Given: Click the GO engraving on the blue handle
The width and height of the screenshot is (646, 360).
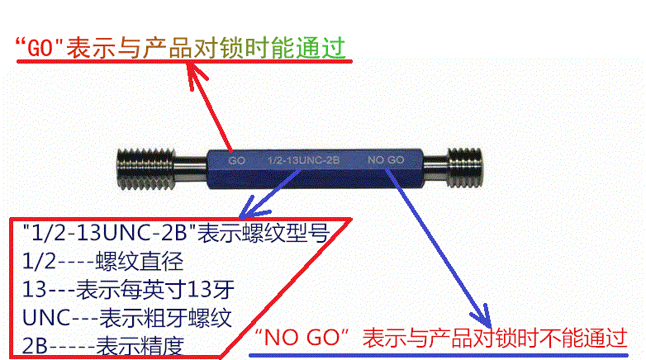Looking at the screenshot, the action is pyautogui.click(x=237, y=160).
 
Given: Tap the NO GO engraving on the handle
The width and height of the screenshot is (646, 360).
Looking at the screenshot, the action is pyautogui.click(x=386, y=160).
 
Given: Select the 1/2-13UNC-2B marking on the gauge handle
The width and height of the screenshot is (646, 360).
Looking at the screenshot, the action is pyautogui.click(x=303, y=160).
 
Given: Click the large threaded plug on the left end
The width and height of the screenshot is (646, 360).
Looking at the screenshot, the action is pyautogui.click(x=145, y=169).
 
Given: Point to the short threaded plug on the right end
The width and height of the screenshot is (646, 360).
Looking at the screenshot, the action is pyautogui.click(x=465, y=168).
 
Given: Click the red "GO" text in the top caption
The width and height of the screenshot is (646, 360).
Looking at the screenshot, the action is pyautogui.click(x=40, y=48).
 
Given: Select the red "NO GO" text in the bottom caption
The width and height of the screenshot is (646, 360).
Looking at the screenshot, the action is pyautogui.click(x=302, y=338).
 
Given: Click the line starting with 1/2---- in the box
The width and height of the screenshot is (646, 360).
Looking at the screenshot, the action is pyautogui.click(x=103, y=261).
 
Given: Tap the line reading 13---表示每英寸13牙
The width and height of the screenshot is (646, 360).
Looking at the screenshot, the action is pyautogui.click(x=128, y=289).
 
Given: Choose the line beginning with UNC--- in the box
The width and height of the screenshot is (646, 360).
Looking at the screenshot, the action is pyautogui.click(x=127, y=318).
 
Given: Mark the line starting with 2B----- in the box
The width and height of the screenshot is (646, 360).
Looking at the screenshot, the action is pyautogui.click(x=103, y=346).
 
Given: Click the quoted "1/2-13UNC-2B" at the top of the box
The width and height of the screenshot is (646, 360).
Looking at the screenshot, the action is pyautogui.click(x=110, y=233).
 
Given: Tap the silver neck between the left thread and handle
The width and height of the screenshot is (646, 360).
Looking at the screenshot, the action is pyautogui.click(x=190, y=168).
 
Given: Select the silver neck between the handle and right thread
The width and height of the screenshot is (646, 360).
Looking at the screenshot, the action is pyautogui.click(x=435, y=168).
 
